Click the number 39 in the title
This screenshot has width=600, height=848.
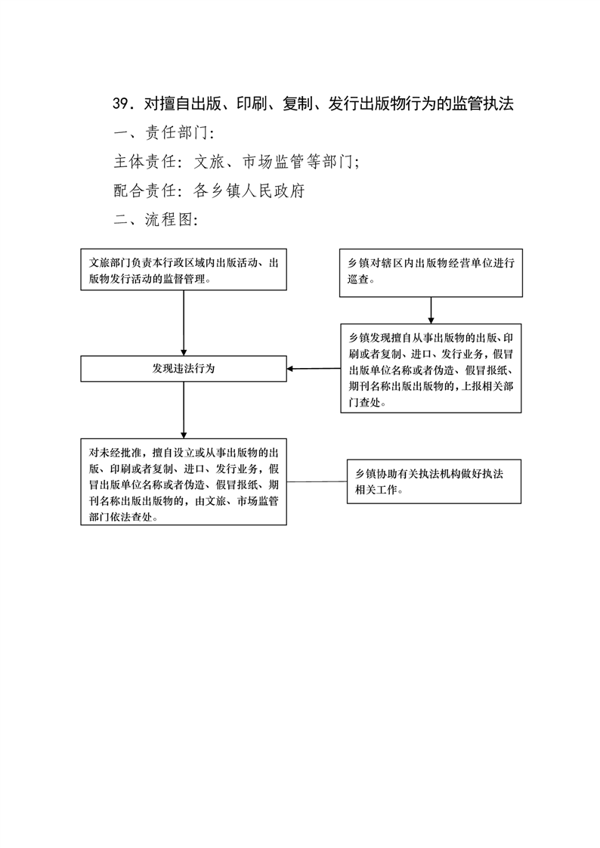122,104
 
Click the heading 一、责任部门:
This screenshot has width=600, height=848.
164,133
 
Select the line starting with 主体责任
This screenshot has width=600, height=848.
237,162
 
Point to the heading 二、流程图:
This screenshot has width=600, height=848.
156,220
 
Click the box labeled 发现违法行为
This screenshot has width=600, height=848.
184,369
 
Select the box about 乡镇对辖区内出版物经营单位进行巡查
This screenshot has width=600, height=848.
431,273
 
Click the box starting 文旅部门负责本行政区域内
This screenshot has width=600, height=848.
184,270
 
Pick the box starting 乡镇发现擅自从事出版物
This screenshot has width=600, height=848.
431,368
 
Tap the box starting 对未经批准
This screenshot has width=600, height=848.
184,482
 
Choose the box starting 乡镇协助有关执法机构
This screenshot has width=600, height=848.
434,482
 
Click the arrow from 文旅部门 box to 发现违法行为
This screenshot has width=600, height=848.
184,323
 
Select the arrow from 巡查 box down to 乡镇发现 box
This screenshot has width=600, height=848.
431,311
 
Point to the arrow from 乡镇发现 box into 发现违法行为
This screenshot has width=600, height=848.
314,369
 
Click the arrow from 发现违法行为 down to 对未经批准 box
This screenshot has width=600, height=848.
184,410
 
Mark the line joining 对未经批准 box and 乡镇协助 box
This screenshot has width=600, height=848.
317,481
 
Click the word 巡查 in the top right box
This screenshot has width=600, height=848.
358,280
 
